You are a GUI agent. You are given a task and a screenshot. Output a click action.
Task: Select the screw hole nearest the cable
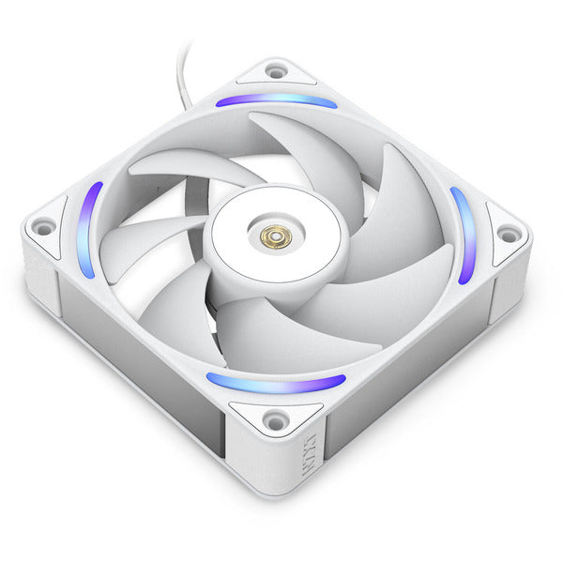coord(276,70)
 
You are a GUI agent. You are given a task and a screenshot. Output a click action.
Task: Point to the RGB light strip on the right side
coord(464,235)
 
